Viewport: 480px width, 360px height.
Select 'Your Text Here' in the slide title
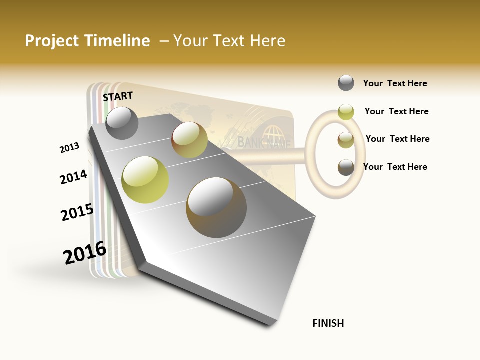pyautogui.click(x=229, y=41)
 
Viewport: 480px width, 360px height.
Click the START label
pyautogui.click(x=118, y=96)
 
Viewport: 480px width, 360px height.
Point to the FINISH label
pyautogui.click(x=328, y=323)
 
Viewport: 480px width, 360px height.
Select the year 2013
pyautogui.click(x=69, y=148)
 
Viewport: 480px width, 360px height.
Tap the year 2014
pyautogui.click(x=73, y=177)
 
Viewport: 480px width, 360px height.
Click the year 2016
pyautogui.click(x=85, y=253)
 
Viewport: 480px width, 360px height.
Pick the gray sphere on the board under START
pyautogui.click(x=122, y=123)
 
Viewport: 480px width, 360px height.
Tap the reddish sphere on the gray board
pyautogui.click(x=189, y=140)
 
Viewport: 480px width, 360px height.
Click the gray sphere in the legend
pyautogui.click(x=346, y=83)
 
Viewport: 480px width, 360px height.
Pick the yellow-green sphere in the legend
pyautogui.click(x=346, y=112)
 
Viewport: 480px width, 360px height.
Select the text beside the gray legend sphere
pyautogui.click(x=395, y=83)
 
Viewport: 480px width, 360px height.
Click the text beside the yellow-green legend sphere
pyautogui.click(x=396, y=111)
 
